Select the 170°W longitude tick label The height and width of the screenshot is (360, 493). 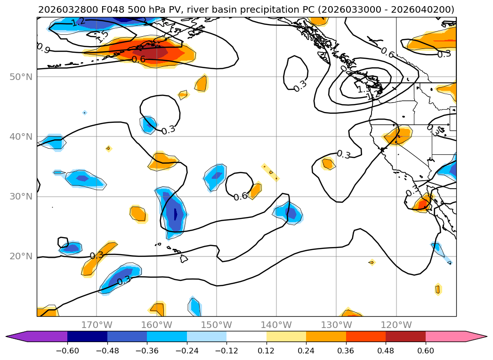tap(97, 325)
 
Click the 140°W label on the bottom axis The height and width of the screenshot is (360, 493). tap(276, 325)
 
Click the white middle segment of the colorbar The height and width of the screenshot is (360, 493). tap(246, 336)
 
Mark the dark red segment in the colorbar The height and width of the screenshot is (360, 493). tap(405, 336)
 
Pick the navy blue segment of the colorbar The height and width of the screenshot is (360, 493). tap(87, 336)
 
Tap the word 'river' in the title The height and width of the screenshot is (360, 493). tap(203, 9)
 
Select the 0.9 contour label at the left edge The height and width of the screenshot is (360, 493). tap(43, 48)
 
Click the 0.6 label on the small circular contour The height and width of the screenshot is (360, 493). tap(240, 196)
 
